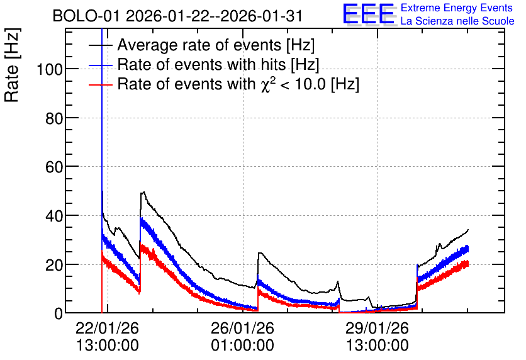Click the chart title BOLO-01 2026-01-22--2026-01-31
[177, 16]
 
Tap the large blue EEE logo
[369, 14]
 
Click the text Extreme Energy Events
[457, 8]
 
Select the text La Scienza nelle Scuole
[457, 21]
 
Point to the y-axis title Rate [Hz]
[12, 65]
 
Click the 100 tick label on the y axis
[50, 70]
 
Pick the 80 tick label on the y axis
[54, 118]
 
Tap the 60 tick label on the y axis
[54, 167]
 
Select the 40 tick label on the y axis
[54, 216]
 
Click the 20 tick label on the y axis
[54, 265]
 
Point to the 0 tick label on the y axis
[59, 313]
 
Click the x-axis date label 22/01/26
[108, 328]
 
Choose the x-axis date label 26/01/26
[242, 328]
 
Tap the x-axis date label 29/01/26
[378, 328]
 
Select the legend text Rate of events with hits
[218, 64]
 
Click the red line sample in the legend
[100, 84]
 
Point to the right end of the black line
[468, 230]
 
